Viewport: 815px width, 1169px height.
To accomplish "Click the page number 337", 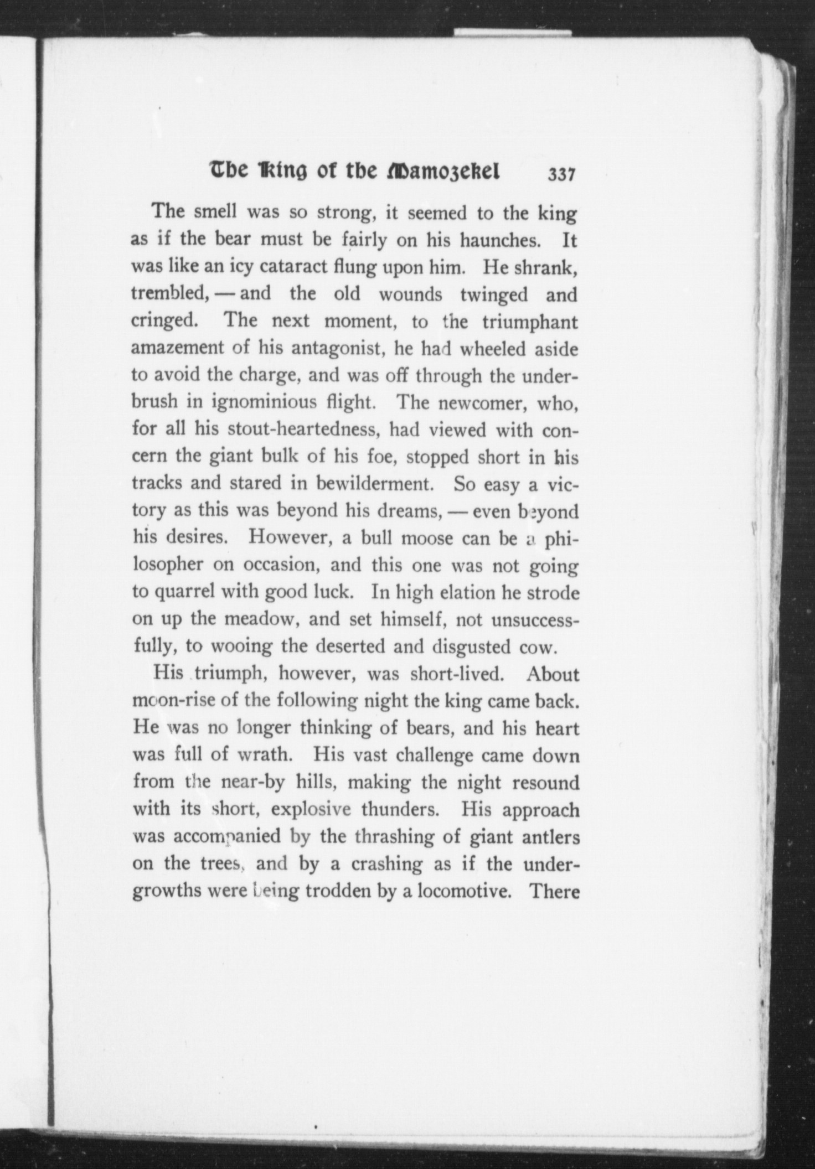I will click(562, 175).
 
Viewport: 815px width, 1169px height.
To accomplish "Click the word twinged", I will click(494, 294).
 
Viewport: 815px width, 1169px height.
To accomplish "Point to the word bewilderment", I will click(374, 484).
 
